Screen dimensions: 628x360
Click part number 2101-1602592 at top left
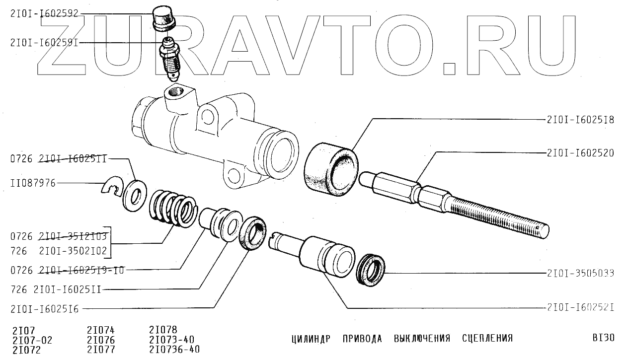[44, 14]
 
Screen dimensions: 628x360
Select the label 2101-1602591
[44, 43]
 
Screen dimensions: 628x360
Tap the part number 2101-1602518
[580, 120]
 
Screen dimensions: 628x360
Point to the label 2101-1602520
[580, 153]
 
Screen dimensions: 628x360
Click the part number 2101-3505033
[580, 273]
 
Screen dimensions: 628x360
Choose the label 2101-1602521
[580, 307]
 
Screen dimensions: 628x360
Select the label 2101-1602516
[44, 309]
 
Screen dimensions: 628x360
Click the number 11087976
[32, 184]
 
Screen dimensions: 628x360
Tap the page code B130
[603, 339]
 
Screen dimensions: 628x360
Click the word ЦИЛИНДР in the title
[311, 339]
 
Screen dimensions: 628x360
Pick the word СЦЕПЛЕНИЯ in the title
[487, 339]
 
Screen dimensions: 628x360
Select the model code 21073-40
[171, 340]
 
